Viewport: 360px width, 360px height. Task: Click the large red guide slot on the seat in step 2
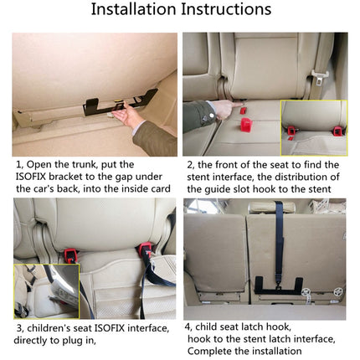click(x=247, y=125)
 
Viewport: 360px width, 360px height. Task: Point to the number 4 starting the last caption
click(x=189, y=326)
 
